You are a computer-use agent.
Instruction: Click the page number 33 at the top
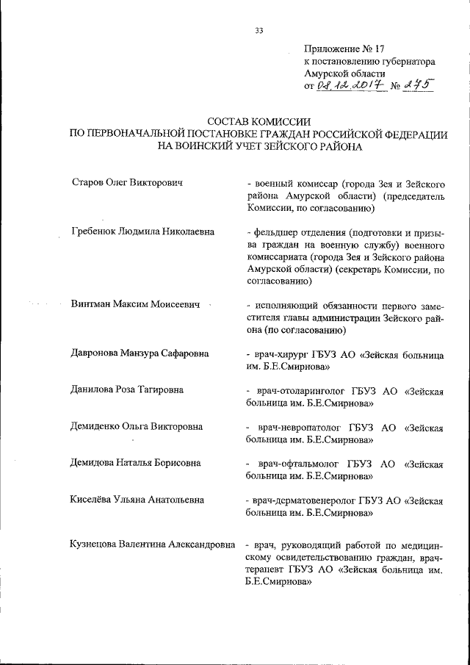click(258, 30)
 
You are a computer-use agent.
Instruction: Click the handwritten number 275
click(416, 85)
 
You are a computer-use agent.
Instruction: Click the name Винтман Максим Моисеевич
click(136, 304)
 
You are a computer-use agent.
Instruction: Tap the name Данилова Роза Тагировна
click(126, 389)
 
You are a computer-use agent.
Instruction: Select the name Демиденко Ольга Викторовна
click(137, 426)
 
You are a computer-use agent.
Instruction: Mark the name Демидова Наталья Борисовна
click(136, 463)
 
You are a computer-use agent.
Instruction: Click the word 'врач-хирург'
click(283, 353)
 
